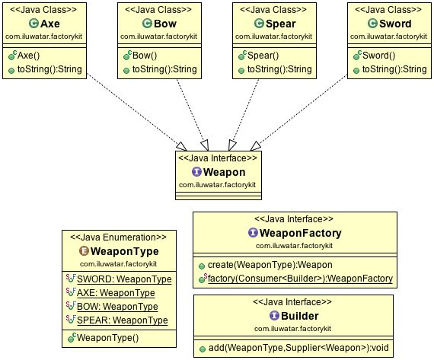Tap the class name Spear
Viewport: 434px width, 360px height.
click(281, 24)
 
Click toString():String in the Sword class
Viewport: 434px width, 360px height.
click(394, 69)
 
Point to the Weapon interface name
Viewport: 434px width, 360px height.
click(224, 172)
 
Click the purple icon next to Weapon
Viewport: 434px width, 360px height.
click(196, 172)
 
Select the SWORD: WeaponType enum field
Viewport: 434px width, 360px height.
click(124, 279)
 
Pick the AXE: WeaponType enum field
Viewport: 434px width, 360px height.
click(116, 293)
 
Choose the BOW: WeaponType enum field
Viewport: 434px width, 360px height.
click(117, 306)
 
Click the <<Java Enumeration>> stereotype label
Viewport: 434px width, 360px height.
click(119, 237)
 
